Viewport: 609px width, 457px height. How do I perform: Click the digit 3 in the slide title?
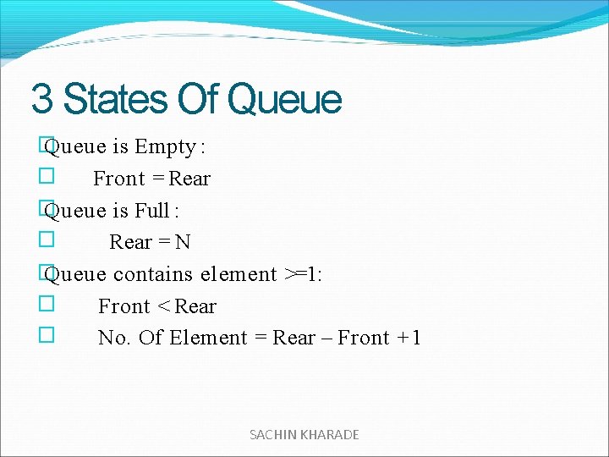[41, 99]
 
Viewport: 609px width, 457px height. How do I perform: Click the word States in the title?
[115, 99]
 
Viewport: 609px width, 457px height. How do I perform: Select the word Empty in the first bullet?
[165, 147]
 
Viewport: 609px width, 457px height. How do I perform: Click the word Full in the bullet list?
[152, 210]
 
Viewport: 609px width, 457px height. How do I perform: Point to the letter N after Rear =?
[183, 242]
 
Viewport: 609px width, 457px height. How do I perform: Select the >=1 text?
[304, 274]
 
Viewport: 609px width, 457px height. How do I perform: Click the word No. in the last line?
[114, 339]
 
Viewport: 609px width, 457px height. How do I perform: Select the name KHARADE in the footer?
[330, 434]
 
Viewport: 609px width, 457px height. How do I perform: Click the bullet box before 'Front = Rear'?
[47, 178]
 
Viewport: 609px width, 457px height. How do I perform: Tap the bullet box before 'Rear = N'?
[47, 241]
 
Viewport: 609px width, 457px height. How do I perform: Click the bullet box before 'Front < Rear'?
[47, 305]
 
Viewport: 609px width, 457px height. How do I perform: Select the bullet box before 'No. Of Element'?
[47, 336]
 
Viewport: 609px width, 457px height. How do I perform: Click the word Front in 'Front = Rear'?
[119, 179]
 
